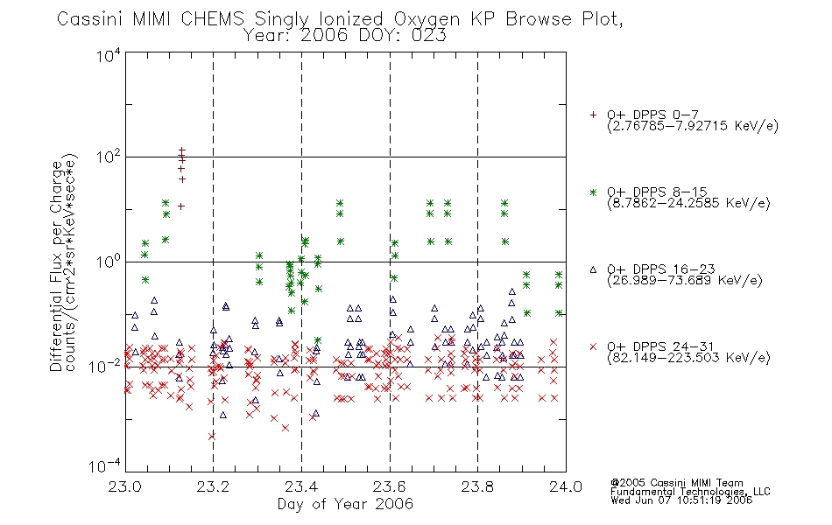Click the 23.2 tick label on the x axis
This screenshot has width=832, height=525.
coord(213,486)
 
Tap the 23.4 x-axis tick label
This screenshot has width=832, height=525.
coord(301,486)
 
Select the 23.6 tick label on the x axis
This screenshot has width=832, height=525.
coord(390,486)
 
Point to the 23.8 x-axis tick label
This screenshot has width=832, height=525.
coord(477,486)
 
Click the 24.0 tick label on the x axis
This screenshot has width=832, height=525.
coord(566,486)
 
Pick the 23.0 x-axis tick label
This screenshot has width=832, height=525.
coord(124,486)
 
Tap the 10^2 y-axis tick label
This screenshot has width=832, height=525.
coord(109,157)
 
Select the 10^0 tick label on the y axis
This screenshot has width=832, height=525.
coord(109,262)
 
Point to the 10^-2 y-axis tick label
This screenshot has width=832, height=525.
coord(106,366)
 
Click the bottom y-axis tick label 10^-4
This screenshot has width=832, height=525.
coord(106,465)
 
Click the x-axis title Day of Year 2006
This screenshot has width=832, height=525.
coord(345,504)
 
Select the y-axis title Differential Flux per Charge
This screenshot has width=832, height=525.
coord(57,266)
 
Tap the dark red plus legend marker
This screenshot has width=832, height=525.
coord(593,115)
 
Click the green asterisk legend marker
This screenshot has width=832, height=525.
coord(593,192)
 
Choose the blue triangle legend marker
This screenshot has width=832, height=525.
coord(593,269)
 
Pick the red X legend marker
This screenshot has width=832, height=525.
coord(593,346)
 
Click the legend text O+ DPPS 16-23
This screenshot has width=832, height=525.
coord(661,269)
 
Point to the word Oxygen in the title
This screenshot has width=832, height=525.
coord(427,20)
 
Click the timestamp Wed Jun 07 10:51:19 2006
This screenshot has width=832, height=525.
coord(681,500)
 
